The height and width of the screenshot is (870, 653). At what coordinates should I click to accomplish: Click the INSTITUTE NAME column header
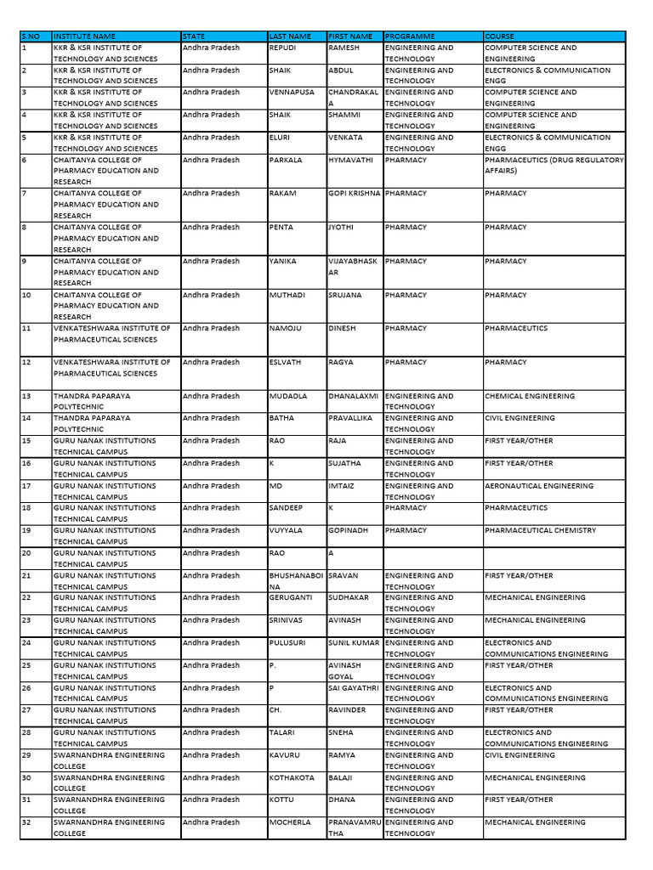[85, 37]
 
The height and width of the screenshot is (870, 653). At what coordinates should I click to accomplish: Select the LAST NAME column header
[290, 37]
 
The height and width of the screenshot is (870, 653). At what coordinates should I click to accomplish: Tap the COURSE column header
[500, 37]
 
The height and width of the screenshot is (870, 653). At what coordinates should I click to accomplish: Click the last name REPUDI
[283, 48]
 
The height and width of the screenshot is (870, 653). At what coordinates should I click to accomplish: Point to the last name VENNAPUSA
[292, 93]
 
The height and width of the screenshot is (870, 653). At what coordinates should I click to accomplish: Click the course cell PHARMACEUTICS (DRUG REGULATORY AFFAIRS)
[554, 165]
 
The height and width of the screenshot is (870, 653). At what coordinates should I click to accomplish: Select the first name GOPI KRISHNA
[355, 194]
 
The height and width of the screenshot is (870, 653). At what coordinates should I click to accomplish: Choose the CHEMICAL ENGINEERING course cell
[530, 396]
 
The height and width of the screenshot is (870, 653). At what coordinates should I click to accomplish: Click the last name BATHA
[281, 418]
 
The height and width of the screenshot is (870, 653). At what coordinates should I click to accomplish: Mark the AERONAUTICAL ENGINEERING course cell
[539, 486]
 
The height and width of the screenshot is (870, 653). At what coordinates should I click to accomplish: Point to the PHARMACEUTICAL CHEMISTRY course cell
[541, 530]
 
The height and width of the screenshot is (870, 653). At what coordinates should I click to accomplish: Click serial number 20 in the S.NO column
[26, 553]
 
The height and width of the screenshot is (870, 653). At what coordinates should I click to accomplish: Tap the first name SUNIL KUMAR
[355, 643]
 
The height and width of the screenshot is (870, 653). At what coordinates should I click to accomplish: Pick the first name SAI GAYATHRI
[355, 688]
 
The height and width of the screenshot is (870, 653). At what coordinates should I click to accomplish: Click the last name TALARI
[282, 732]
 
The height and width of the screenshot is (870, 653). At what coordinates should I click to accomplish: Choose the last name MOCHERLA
[291, 822]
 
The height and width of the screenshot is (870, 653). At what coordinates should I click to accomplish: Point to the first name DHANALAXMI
[354, 396]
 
